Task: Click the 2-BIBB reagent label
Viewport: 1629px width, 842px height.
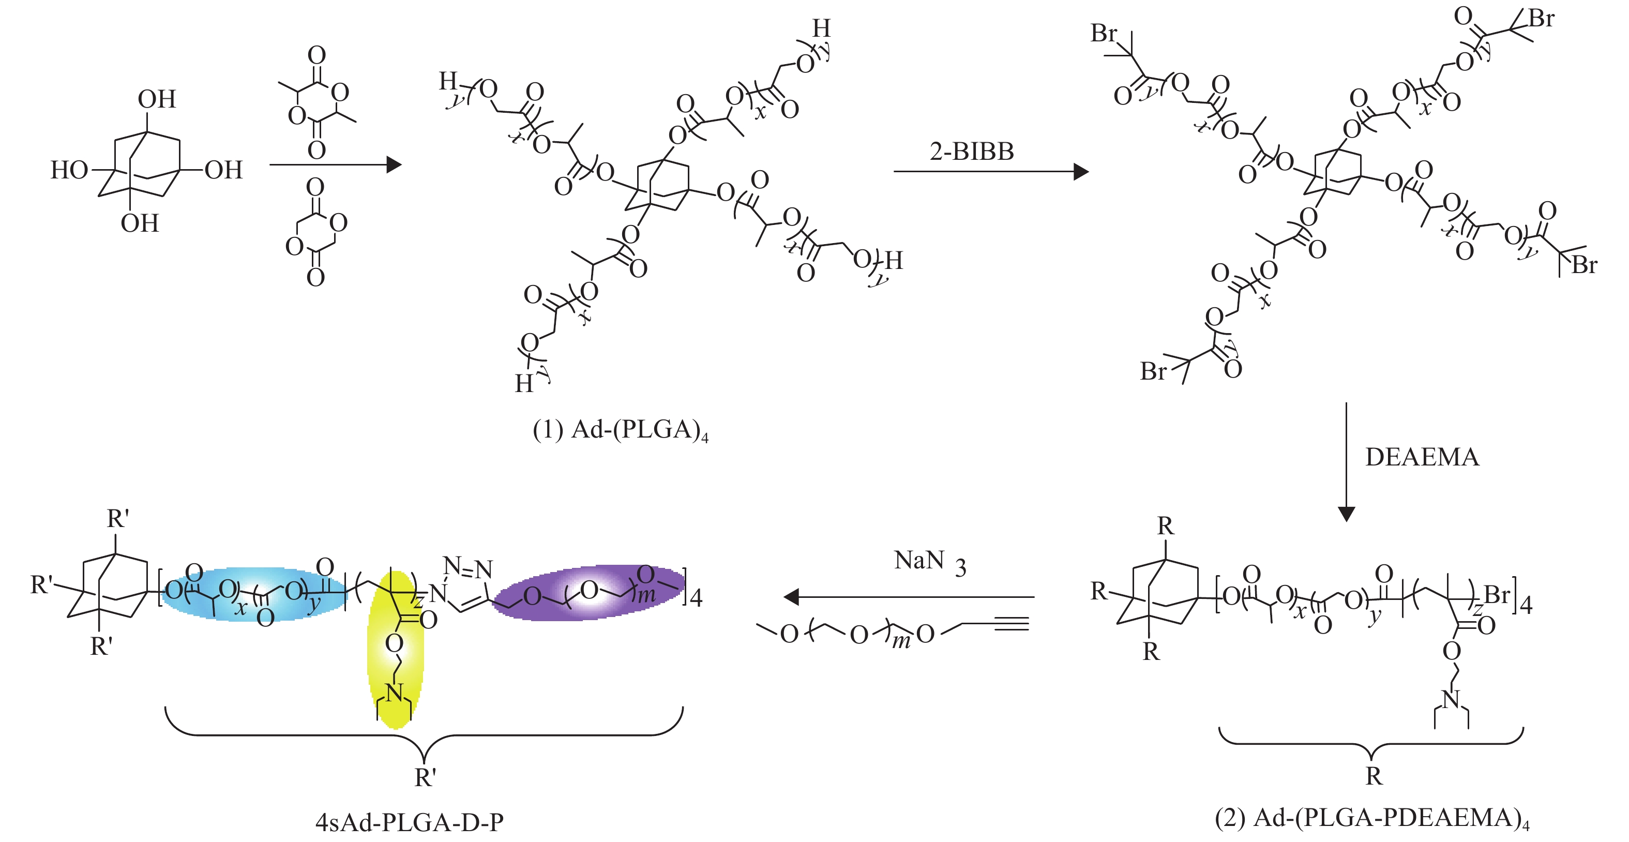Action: click(x=971, y=152)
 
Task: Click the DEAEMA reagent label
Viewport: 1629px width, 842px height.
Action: click(x=1422, y=457)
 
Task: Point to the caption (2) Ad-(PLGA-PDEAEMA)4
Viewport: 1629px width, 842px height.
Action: click(x=1371, y=818)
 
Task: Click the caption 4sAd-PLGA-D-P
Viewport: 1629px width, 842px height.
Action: click(x=409, y=822)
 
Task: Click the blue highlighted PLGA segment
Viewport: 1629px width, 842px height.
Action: click(x=253, y=593)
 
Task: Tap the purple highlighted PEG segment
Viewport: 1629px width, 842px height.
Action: click(x=588, y=592)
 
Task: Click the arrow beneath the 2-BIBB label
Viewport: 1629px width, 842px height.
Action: click(x=990, y=171)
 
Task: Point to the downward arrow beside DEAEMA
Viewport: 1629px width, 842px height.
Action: click(x=1346, y=462)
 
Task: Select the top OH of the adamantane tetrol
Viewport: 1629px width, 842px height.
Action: click(x=157, y=99)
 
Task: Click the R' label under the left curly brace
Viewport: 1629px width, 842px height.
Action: click(x=425, y=777)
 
